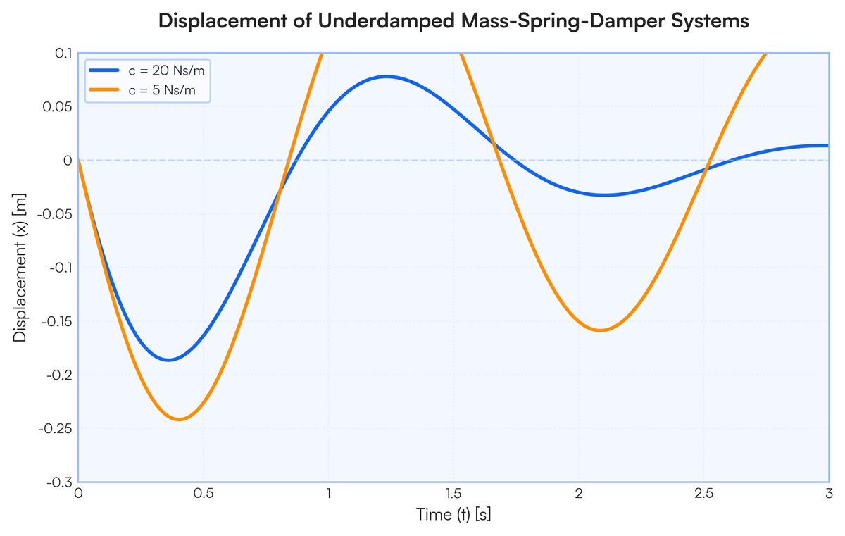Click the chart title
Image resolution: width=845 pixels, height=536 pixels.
point(453,20)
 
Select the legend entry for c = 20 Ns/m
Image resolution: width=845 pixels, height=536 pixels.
point(146,70)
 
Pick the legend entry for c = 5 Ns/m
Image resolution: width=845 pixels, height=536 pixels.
point(142,90)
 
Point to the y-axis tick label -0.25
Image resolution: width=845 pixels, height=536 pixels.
point(56,429)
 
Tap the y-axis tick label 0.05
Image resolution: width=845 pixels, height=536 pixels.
point(57,107)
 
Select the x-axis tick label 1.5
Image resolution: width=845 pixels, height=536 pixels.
point(453,494)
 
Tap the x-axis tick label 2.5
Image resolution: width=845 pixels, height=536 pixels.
point(704,494)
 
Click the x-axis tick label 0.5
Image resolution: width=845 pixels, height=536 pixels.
point(204,494)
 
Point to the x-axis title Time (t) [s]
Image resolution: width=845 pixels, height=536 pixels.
point(453,514)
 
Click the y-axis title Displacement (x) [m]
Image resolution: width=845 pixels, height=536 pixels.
point(20,268)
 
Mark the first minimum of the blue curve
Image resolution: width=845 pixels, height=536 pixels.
point(168,360)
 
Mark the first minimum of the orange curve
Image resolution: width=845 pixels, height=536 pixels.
point(179,419)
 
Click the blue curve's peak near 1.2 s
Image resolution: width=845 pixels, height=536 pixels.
point(387,77)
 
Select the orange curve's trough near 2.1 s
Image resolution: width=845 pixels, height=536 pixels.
point(600,330)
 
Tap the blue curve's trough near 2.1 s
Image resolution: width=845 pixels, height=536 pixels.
point(605,195)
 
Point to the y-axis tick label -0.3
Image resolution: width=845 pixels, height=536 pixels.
point(60,482)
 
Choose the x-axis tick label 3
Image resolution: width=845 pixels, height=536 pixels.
point(829,494)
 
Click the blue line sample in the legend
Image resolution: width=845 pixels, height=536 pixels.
point(104,70)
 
